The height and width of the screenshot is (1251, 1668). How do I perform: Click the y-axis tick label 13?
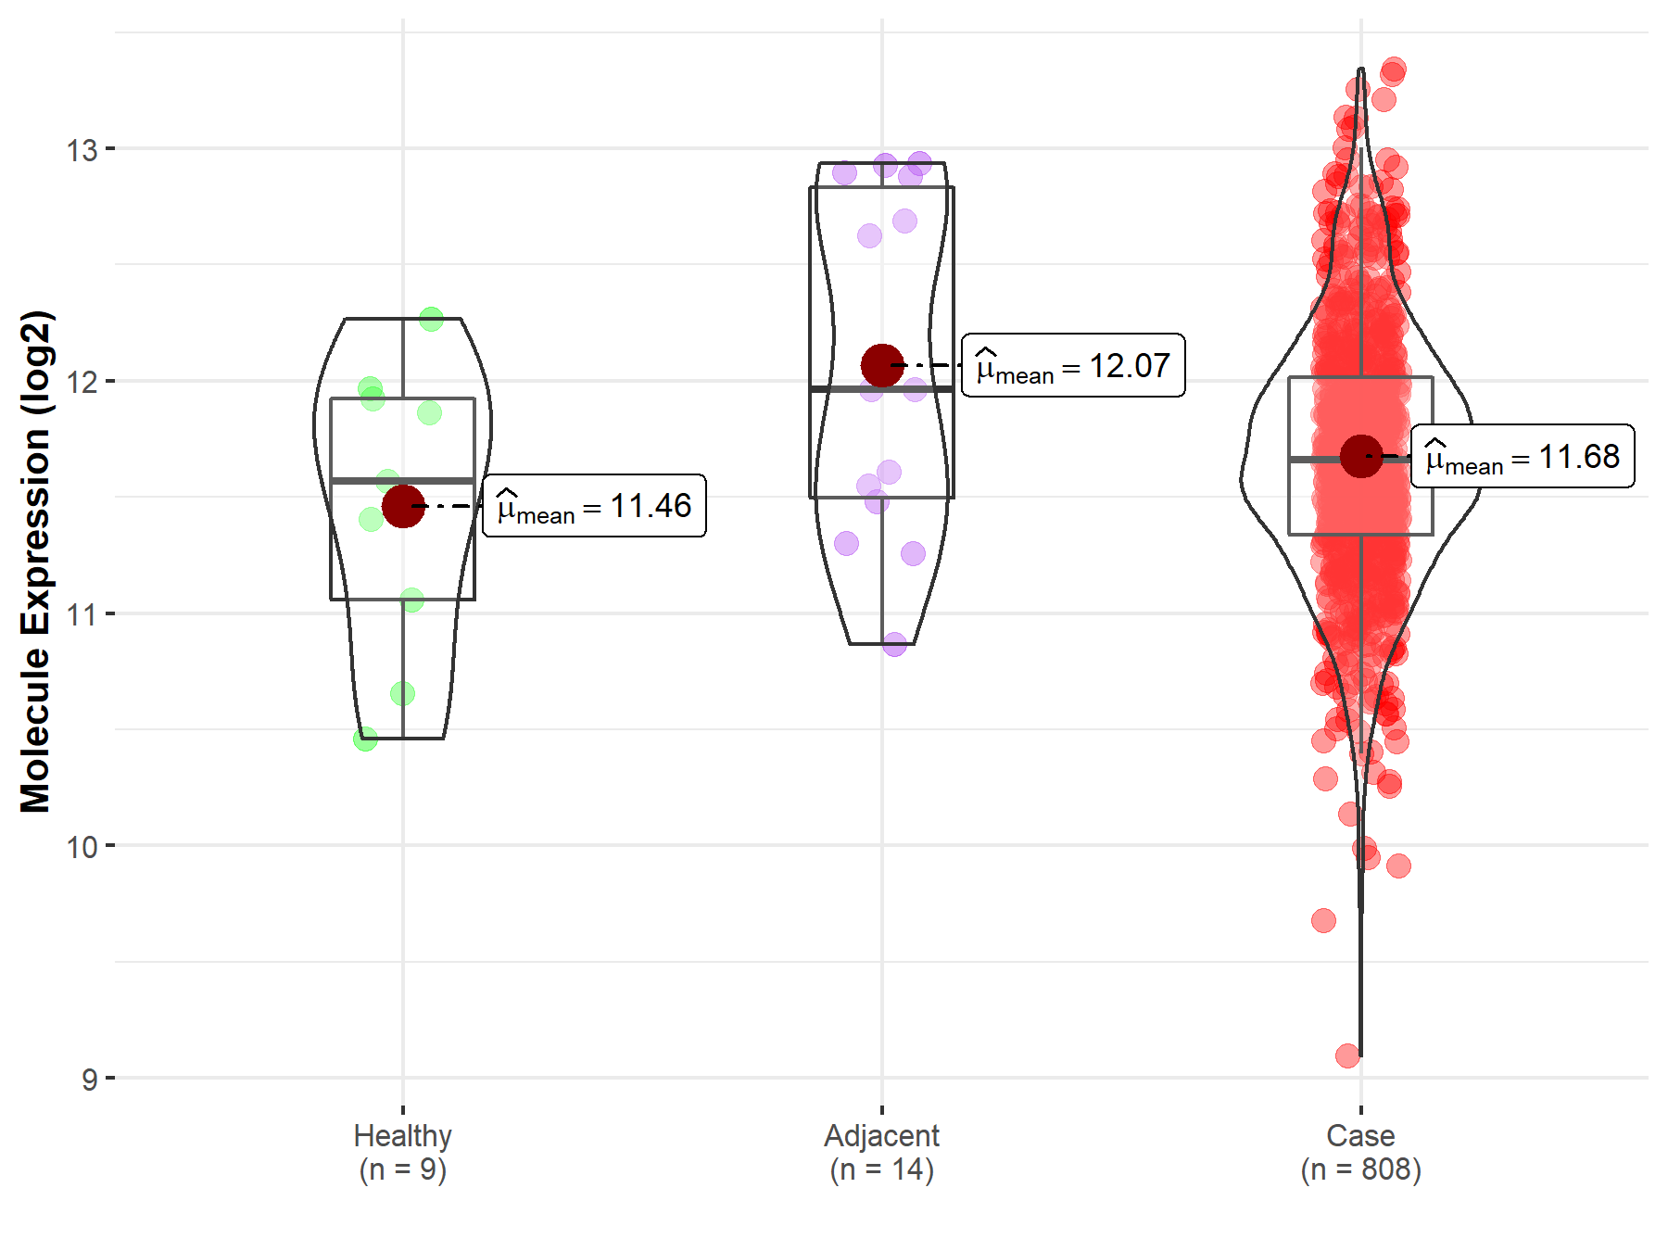(x=82, y=149)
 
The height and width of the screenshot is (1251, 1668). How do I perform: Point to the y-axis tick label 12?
(x=82, y=382)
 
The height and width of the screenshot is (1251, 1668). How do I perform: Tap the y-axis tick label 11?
(x=82, y=614)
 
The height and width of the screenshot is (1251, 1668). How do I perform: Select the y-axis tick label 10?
(x=82, y=847)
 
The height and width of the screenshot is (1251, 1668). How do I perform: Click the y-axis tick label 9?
(x=89, y=1080)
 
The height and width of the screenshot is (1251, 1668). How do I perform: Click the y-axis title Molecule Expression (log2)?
(x=35, y=562)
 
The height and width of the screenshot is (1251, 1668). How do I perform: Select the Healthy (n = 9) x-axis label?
(x=403, y=1152)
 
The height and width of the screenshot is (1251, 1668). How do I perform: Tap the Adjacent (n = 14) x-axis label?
(x=881, y=1152)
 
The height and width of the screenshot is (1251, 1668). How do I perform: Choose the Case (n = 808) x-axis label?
(x=1360, y=1152)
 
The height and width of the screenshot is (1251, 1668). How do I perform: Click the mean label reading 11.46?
(x=594, y=506)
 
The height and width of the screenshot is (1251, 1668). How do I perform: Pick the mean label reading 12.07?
(x=1073, y=366)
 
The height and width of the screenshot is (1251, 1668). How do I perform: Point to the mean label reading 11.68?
(x=1523, y=457)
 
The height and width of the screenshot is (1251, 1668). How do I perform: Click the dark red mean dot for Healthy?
(x=403, y=506)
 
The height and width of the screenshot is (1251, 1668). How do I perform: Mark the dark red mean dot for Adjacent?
(x=882, y=365)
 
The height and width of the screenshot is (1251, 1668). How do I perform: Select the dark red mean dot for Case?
(x=1360, y=456)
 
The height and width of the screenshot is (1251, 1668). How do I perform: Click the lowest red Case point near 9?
(x=1348, y=1055)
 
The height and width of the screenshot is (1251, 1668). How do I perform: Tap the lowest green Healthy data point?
(x=365, y=739)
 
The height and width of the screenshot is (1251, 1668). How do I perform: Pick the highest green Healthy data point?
(x=431, y=320)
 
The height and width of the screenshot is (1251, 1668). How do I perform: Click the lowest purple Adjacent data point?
(x=894, y=644)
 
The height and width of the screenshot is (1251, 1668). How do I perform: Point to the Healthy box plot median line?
(x=403, y=481)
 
